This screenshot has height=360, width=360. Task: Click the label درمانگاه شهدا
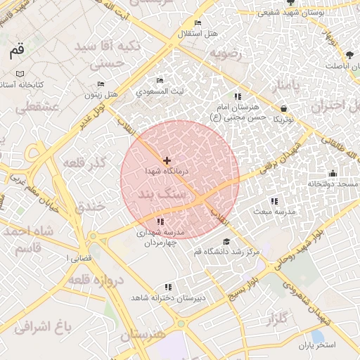pos(167,171)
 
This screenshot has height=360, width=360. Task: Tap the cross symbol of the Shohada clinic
pos(167,161)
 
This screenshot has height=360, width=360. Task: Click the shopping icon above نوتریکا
pos(283,109)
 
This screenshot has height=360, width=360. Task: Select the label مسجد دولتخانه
pos(333,184)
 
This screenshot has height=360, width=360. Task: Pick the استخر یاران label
pos(317,345)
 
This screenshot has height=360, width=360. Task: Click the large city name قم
pos(18,51)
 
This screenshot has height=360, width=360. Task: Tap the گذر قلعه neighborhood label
pos(85,163)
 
